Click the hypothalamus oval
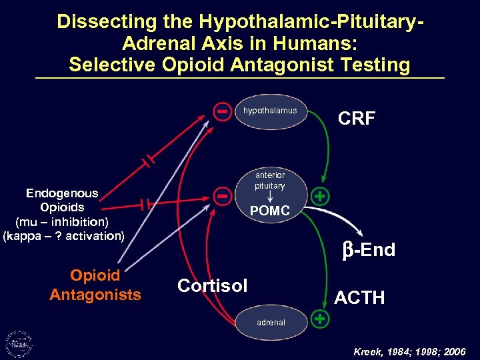(x=271, y=111)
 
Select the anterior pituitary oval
(x=270, y=193)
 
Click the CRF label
(x=357, y=119)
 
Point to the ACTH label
(x=359, y=297)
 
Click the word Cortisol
(x=212, y=286)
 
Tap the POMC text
(x=269, y=211)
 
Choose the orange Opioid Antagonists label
(x=95, y=285)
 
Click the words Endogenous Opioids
(x=62, y=200)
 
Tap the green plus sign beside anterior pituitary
(x=321, y=197)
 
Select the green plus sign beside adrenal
(x=321, y=319)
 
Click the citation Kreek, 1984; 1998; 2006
(x=409, y=351)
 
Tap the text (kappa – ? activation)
(x=63, y=236)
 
